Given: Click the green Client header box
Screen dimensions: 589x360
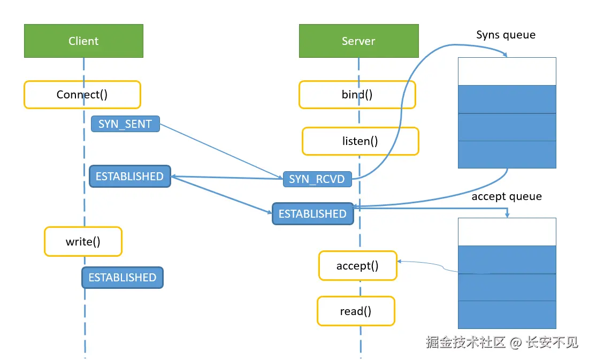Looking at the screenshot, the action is coord(83,41).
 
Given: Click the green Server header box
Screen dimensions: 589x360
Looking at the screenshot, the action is coord(359,41).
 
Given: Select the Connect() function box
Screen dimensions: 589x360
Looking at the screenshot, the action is coord(82,95).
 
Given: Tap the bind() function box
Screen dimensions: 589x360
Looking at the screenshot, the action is coord(357,95).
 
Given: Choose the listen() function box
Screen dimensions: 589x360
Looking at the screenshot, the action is coord(360,141).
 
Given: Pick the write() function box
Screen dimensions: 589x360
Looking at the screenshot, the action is coord(83,242).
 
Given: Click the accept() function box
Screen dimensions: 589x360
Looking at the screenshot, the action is coord(357,266).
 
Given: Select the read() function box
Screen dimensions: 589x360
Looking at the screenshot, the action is coord(356,311).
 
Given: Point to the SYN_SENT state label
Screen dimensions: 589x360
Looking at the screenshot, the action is coord(125,124).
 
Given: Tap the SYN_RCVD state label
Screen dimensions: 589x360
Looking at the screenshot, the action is coord(317,179).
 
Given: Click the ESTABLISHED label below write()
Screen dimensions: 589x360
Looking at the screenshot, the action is coord(123,278).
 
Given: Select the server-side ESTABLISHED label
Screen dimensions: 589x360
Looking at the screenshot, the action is coord(312,214).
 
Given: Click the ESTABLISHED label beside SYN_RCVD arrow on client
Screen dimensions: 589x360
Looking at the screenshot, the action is coord(129,176).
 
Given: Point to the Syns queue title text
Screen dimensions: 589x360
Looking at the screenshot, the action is coord(506,35).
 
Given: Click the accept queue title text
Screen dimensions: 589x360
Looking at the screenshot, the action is coord(507,196).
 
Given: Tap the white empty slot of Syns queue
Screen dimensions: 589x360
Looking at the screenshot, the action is coord(507,71).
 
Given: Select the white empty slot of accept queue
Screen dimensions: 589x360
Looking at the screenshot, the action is coord(507,232).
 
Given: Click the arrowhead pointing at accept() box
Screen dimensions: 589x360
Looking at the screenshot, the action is coord(399,261).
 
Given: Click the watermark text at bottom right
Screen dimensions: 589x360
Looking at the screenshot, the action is coord(502,342).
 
